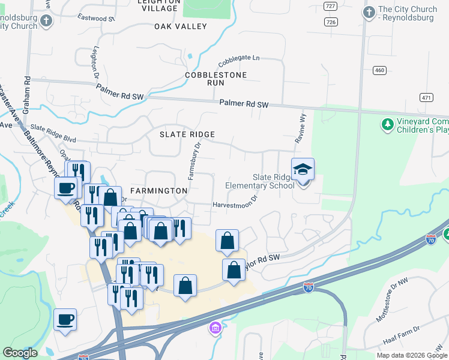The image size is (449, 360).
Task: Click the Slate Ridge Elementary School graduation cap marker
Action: point(303,170)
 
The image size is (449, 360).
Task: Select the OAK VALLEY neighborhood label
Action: point(180,26)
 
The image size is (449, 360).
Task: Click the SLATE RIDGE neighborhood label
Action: point(187,134)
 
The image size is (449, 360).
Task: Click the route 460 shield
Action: point(379,70)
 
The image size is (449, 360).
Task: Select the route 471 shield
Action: point(426,97)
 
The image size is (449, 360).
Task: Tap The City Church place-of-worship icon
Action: point(369,11)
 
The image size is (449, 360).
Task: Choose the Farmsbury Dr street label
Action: point(193,161)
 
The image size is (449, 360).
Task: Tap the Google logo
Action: point(20,353)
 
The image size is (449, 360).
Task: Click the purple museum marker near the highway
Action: point(215,328)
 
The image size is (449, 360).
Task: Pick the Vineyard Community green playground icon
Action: point(387,125)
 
